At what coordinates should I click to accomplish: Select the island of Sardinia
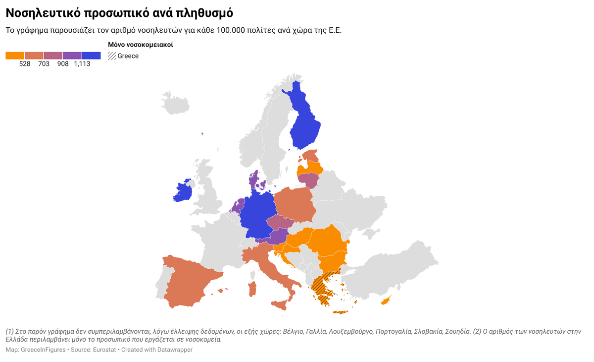point(252,289)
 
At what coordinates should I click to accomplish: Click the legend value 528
point(25,64)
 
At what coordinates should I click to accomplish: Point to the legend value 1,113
point(82,64)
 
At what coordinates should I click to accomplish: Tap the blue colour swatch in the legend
point(92,56)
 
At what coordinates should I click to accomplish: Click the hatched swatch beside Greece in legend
point(112,56)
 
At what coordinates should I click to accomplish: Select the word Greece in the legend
point(128,56)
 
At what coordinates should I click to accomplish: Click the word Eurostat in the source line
point(105,350)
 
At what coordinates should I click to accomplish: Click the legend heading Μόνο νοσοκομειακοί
point(141,45)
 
